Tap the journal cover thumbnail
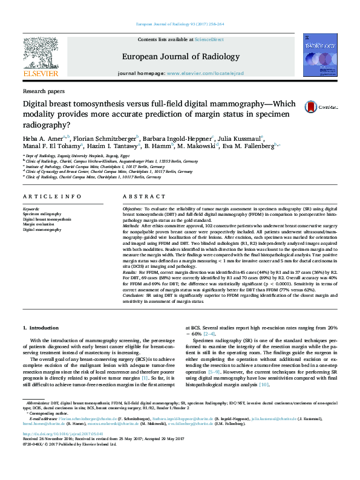point(320,57)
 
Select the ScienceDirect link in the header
point(210,39)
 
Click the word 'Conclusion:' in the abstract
point(136,294)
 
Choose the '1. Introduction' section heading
point(41,328)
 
